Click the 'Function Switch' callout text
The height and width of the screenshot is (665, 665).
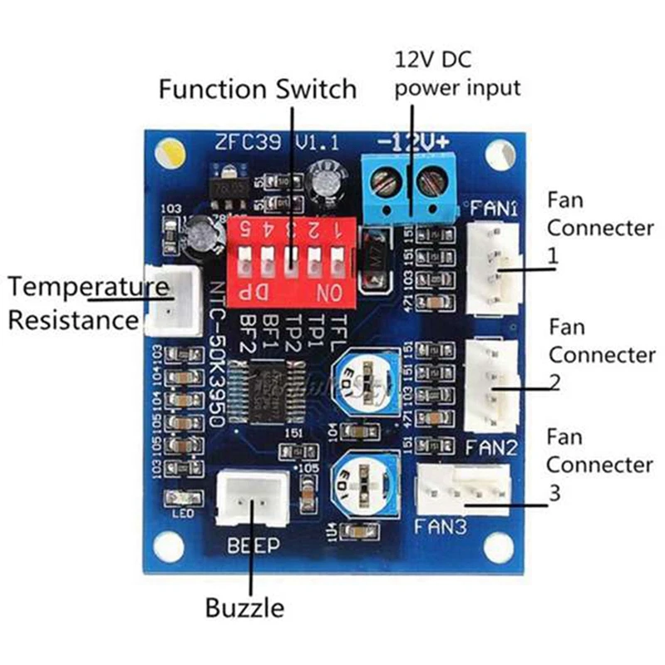coord(258,88)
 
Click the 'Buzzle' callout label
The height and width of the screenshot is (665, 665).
coord(244,608)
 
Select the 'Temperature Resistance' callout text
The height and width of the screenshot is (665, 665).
coord(83,303)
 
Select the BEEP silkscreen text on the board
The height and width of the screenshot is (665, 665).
coord(249,545)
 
